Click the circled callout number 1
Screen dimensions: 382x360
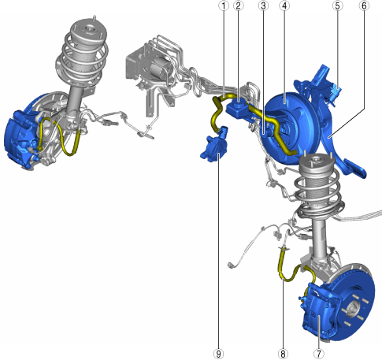click(x=224, y=6)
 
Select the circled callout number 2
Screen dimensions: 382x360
click(x=239, y=6)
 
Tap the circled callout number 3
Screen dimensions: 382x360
click(x=263, y=6)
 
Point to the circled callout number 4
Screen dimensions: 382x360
click(x=284, y=6)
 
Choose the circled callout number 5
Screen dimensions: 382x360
click(x=338, y=6)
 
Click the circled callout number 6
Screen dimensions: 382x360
click(x=364, y=6)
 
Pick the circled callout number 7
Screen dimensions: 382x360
click(x=319, y=354)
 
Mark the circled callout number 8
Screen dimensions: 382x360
click(x=283, y=354)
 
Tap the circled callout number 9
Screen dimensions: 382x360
click(x=218, y=354)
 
